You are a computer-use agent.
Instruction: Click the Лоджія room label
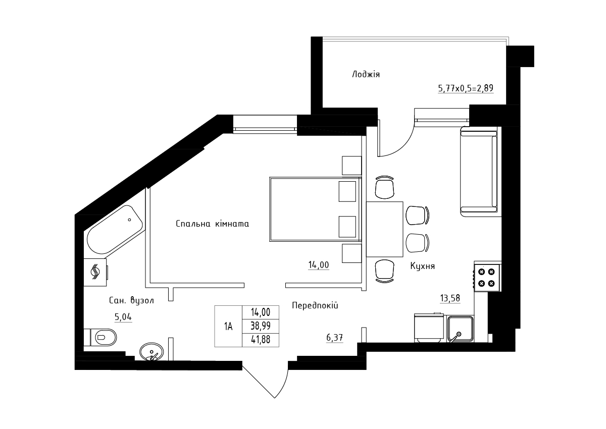pyautogui.click(x=366, y=74)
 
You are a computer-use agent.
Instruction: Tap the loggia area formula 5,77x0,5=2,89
pyautogui.click(x=466, y=88)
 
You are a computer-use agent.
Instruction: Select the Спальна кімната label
pyautogui.click(x=213, y=224)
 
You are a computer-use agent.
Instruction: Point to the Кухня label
pyautogui.click(x=423, y=266)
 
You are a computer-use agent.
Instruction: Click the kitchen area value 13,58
pyautogui.click(x=450, y=298)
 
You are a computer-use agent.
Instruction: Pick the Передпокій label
pyautogui.click(x=315, y=305)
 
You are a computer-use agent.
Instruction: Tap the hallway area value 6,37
pyautogui.click(x=335, y=338)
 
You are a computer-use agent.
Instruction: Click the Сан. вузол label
pyautogui.click(x=131, y=300)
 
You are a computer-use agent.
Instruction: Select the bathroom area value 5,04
pyautogui.click(x=123, y=317)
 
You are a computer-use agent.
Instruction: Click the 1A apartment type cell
pyautogui.click(x=228, y=326)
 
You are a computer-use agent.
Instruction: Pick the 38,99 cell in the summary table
pyautogui.click(x=261, y=326)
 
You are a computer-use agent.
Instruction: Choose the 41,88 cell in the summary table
pyautogui.click(x=261, y=340)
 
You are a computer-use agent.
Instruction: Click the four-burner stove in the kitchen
pyautogui.click(x=487, y=278)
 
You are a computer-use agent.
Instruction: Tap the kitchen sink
pyautogui.click(x=460, y=329)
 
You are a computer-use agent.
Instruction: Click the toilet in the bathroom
pyautogui.click(x=100, y=337)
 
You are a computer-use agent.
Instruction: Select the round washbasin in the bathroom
pyautogui.click(x=151, y=352)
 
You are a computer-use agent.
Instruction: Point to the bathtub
pyautogui.click(x=115, y=230)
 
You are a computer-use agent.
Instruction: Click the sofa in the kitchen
pyautogui.click(x=479, y=172)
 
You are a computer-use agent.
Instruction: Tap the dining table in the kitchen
pyautogui.click(x=385, y=229)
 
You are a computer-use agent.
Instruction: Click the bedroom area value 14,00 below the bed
pyautogui.click(x=319, y=265)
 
